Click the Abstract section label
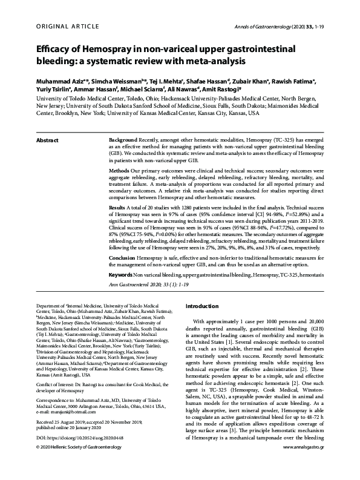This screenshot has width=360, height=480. click(47, 140)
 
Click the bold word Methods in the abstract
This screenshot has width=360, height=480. click(122, 171)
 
